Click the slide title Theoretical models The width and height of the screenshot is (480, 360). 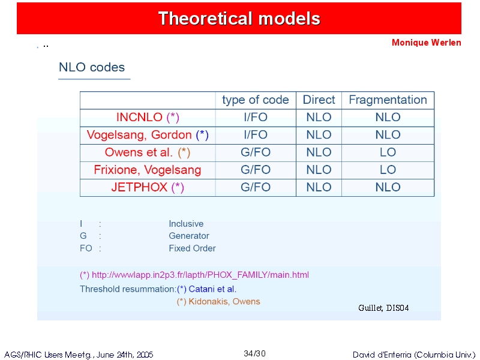tap(239, 19)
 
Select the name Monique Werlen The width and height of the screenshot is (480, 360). tap(427, 43)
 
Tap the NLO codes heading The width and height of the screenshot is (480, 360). tap(92, 67)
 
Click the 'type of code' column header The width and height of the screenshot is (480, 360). tap(256, 100)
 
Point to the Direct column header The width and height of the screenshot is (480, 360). tap(319, 100)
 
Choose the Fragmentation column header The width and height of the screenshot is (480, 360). tap(388, 100)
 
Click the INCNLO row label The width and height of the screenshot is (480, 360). tap(148, 117)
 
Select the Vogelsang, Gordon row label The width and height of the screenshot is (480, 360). tap(148, 134)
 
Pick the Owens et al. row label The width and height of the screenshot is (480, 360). tap(148, 152)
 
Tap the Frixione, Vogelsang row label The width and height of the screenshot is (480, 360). tap(148, 170)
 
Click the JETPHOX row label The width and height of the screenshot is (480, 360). tap(148, 187)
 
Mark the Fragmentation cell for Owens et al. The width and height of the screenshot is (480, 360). tap(388, 152)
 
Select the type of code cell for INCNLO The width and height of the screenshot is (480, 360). tap(256, 117)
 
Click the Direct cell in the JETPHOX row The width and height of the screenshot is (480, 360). tap(319, 187)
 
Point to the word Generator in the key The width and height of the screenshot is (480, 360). tap(189, 236)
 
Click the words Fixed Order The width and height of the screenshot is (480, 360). tap(192, 248)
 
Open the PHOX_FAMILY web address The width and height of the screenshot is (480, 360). tap(200, 275)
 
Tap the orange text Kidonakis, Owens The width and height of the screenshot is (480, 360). tap(224, 302)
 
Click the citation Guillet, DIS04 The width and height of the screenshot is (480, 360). tap(383, 308)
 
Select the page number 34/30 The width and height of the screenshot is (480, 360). tap(254, 353)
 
